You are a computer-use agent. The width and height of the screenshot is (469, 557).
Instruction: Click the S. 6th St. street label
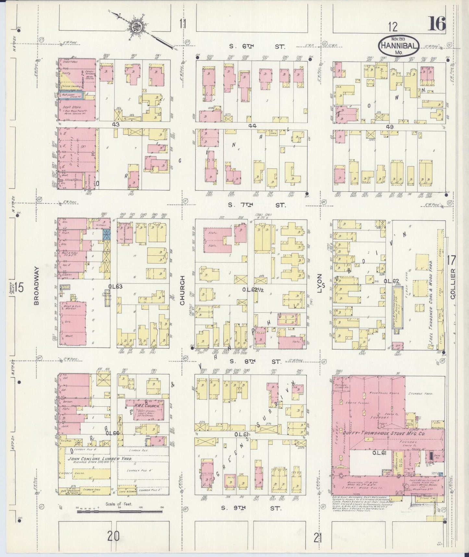click(x=257, y=47)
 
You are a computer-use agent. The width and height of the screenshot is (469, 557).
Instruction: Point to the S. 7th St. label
click(x=256, y=205)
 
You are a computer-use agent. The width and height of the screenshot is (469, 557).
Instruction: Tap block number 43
click(x=116, y=124)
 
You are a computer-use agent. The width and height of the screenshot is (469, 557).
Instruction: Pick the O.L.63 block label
click(x=116, y=286)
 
